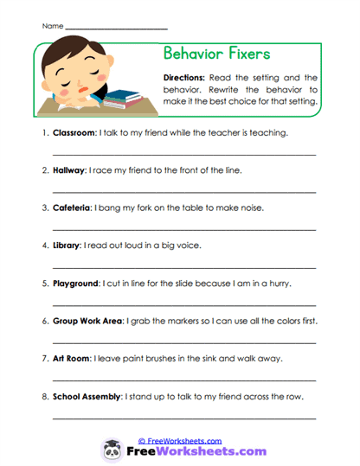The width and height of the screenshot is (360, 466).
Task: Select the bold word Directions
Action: click(184, 77)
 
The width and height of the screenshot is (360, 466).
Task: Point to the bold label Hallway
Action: click(71, 170)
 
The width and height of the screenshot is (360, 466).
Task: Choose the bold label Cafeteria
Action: click(73, 208)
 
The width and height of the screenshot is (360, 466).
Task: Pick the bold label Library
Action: click(67, 246)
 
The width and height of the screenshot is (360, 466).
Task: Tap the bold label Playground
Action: click(78, 284)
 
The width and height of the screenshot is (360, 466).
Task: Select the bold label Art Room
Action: click(71, 358)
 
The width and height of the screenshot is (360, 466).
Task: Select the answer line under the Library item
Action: click(184, 266)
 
